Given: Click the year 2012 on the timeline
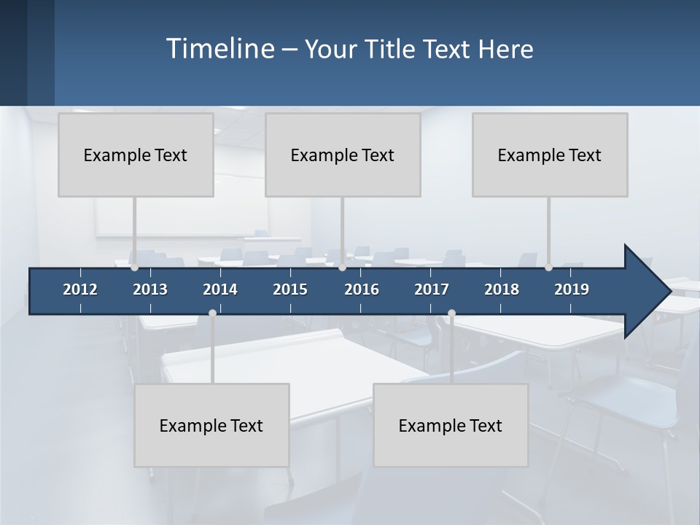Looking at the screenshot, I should coord(80,289).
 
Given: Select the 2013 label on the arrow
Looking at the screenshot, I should coord(150,289).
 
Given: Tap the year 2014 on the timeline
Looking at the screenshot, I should coord(220,289).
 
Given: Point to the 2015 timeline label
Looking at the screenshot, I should coord(290,289).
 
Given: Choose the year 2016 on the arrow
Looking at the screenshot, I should coord(362,289).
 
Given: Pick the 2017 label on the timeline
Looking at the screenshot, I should coord(432,289).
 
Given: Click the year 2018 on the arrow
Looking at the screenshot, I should coord(502,289).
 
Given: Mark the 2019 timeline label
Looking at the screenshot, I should coord(572,289).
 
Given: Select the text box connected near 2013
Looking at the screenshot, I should coord(136,155).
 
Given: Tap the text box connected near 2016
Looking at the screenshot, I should coord(343,155).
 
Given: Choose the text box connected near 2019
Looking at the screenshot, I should coord(550,155).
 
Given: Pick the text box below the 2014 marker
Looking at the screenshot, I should coord(211,425).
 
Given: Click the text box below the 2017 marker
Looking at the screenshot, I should coord(451,425).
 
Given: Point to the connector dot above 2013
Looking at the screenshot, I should coord(134,268).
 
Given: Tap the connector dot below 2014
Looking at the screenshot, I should coord(212,313).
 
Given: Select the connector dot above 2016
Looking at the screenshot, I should coord(342,268).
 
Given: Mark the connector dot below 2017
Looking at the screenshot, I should coord(451,313).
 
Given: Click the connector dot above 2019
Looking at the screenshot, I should coord(548,268).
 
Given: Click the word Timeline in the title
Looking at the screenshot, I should coord(219,48).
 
